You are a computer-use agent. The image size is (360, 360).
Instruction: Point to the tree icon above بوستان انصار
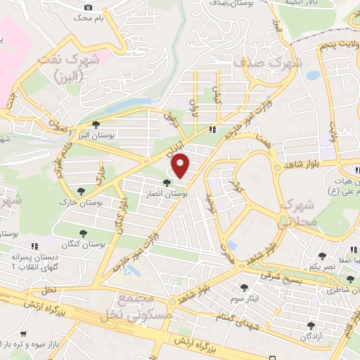tap(166, 183)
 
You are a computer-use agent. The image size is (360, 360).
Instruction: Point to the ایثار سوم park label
tap(244, 298)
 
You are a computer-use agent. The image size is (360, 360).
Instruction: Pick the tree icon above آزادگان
tap(310, 325)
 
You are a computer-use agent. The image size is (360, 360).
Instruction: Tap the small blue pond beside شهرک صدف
tap(313, 74)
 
